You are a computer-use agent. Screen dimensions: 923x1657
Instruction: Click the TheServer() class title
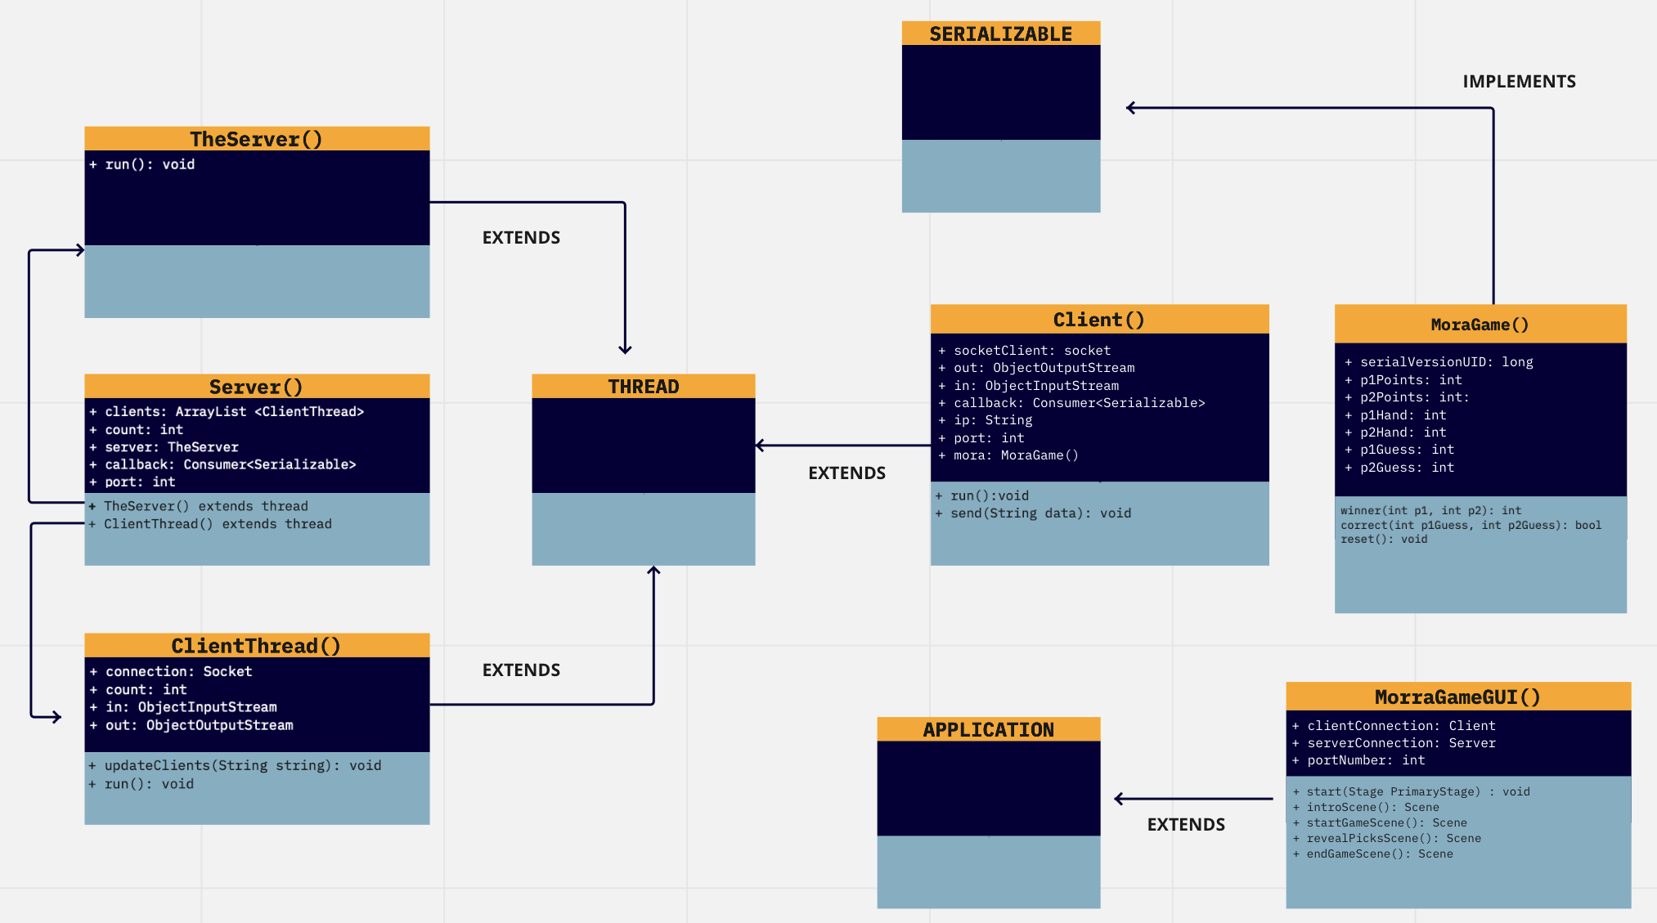256,139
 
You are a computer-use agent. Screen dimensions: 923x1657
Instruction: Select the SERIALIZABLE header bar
1000,34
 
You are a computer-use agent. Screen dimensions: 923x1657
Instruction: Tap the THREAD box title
643,387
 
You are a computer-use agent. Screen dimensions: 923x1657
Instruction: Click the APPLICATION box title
988,729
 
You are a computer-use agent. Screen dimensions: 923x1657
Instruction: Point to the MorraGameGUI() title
1457,697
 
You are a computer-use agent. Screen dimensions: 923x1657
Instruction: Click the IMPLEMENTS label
1519,82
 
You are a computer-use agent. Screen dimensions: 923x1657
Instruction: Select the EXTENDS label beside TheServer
521,238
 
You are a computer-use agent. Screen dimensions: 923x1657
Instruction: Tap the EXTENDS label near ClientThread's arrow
521,670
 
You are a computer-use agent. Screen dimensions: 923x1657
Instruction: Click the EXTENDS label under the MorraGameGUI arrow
1186,825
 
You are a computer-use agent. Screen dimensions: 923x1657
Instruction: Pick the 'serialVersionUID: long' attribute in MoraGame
1446,362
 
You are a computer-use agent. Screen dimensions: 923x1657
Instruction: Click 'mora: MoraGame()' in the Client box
1016,455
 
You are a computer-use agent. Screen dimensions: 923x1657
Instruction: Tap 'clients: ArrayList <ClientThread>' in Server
234,412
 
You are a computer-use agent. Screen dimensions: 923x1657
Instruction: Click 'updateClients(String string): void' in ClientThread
242,766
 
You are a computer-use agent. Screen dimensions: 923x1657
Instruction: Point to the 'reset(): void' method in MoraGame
1384,540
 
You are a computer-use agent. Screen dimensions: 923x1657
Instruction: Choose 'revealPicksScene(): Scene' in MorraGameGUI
1394,839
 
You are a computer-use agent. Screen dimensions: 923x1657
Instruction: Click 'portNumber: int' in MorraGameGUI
1366,760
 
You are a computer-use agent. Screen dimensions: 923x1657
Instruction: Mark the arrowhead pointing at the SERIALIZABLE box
1130,108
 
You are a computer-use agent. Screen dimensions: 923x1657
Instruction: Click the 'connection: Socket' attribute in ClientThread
178,672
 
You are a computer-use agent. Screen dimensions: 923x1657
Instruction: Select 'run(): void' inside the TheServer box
150,164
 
